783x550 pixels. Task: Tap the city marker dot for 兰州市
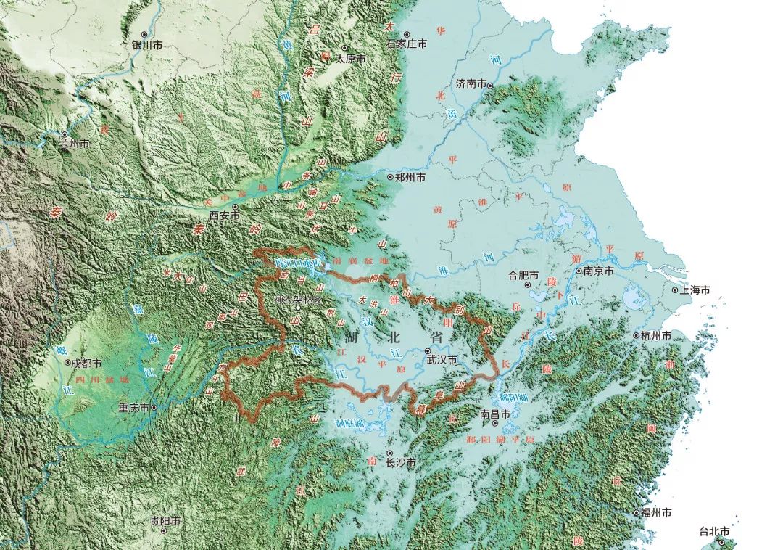[x=65, y=134]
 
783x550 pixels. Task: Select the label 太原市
[x=349, y=59]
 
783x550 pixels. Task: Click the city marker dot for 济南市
[x=490, y=86]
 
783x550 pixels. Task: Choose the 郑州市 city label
[x=410, y=176]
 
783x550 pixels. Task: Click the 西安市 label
[x=223, y=216]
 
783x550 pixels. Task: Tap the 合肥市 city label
[x=523, y=275]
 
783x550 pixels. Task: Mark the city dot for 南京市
[x=579, y=271]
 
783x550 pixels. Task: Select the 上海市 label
[x=695, y=290]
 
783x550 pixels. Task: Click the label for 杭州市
[x=656, y=336]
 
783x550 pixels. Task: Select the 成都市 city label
[x=87, y=363]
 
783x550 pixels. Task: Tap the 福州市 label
[x=655, y=512]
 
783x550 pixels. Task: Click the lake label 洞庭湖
[x=352, y=422]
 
